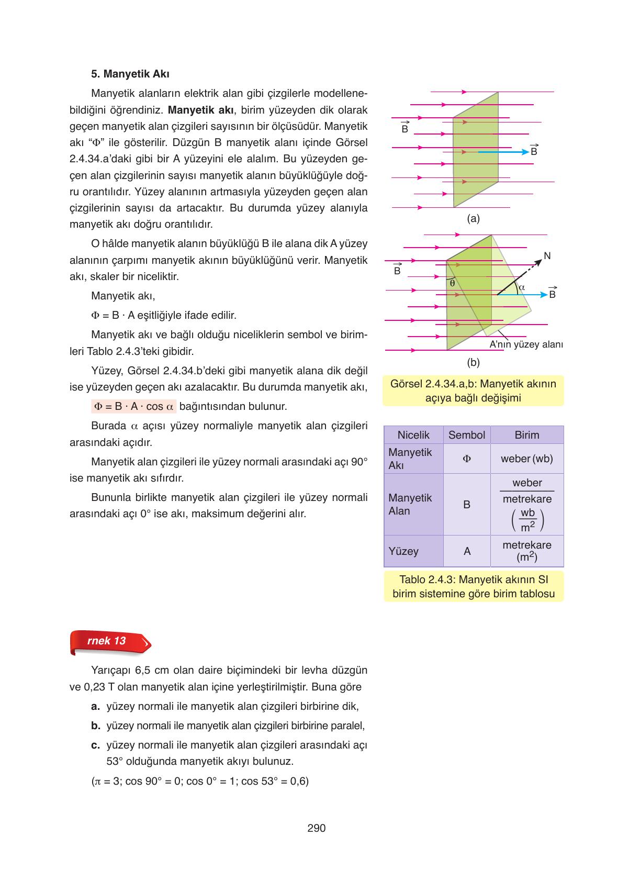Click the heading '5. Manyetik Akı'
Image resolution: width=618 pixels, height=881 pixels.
point(130,74)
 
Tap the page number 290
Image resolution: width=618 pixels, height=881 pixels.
point(316,828)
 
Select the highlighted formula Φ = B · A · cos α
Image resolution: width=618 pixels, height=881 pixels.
point(134,407)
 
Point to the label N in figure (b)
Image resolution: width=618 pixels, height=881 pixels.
point(547,256)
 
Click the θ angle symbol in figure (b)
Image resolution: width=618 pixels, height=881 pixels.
point(452,283)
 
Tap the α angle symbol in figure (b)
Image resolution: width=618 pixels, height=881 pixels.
point(521,287)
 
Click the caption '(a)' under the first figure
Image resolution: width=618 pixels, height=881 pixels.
point(473,219)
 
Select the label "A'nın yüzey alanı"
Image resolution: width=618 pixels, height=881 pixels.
point(525,344)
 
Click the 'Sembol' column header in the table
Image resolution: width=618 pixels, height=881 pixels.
point(467,435)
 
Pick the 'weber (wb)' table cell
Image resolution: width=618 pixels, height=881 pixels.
point(526,459)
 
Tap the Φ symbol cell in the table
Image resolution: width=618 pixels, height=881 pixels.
point(467,459)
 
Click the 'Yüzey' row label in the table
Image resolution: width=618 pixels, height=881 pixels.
point(403,551)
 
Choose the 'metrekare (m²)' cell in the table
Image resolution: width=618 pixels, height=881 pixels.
point(526,551)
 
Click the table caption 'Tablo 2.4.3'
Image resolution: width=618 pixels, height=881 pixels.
point(473,586)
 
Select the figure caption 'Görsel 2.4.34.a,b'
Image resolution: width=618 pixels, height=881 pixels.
point(473,391)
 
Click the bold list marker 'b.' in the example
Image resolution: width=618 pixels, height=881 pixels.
point(95,726)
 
